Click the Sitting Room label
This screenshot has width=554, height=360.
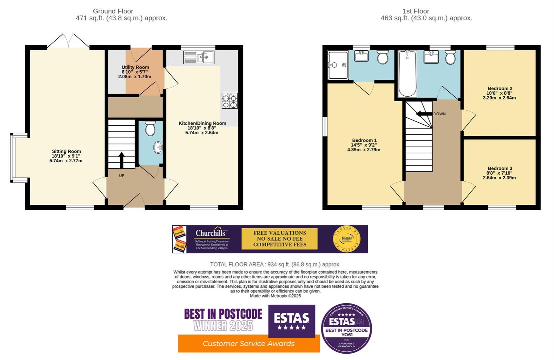(x=66, y=151)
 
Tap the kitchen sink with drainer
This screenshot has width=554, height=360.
(x=199, y=57)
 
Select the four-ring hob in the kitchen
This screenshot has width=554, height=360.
(x=230, y=101)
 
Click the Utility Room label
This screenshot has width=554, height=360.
(x=135, y=67)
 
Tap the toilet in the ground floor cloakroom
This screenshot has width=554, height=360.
(x=150, y=128)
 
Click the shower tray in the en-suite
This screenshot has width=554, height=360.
(x=338, y=65)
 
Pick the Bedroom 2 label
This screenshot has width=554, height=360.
(x=500, y=88)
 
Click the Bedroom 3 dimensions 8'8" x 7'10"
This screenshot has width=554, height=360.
(x=499, y=173)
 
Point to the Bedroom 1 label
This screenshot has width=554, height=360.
(x=364, y=140)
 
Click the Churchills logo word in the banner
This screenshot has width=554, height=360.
(x=210, y=233)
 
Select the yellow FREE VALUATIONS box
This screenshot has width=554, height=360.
(x=280, y=239)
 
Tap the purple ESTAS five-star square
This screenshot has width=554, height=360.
(x=292, y=321)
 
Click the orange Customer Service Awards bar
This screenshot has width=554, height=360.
(x=248, y=344)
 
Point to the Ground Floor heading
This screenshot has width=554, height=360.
(x=113, y=11)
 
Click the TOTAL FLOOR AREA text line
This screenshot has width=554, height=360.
(x=275, y=264)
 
